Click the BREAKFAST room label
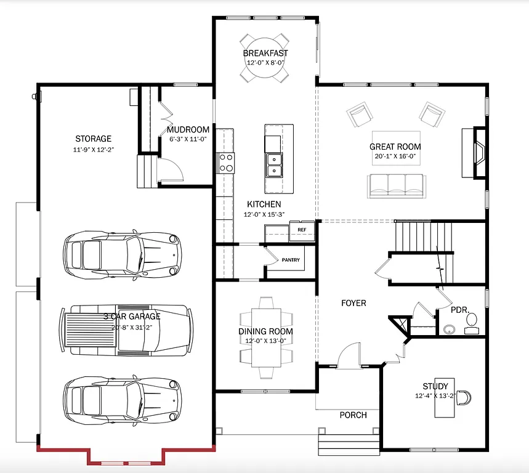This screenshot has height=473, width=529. [x=265, y=53]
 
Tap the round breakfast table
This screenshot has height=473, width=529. [x=265, y=68]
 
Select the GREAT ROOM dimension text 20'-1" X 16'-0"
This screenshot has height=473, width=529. [x=395, y=156]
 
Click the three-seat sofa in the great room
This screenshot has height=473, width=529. [x=397, y=185]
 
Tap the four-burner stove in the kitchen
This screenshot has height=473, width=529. [x=226, y=163]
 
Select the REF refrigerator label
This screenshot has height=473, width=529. [x=302, y=230]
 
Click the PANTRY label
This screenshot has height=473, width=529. [x=291, y=260]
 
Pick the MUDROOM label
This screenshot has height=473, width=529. [x=188, y=130]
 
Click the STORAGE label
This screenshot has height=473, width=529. [x=94, y=139]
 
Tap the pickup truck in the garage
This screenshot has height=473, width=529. [x=126, y=330]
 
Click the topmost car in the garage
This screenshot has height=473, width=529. [x=123, y=253]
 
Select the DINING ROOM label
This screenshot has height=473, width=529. [x=265, y=331]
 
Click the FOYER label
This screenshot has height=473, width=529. [x=353, y=303]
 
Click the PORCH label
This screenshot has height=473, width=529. [x=353, y=415]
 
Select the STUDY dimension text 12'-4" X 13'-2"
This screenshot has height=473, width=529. [x=434, y=395]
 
